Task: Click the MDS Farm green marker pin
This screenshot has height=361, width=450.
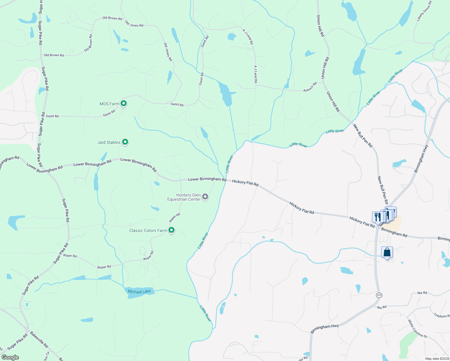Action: (123, 103)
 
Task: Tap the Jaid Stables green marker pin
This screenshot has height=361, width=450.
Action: (125, 142)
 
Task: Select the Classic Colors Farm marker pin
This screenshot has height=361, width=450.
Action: (171, 230)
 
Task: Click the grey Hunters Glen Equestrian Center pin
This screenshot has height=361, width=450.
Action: (205, 197)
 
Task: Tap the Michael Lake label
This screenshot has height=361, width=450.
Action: (139, 292)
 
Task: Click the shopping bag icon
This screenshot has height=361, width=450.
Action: (387, 252)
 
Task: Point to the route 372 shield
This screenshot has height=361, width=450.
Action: (379, 295)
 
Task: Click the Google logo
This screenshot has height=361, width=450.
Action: (10, 357)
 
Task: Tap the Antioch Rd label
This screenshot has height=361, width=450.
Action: (310, 87)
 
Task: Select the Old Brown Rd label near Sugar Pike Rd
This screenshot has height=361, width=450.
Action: (54, 55)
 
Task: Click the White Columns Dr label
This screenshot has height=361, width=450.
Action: (418, 329)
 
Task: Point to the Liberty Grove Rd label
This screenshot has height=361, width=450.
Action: (424, 11)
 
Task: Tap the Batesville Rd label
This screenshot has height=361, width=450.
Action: (39, 339)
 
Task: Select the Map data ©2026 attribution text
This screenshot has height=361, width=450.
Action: (437, 359)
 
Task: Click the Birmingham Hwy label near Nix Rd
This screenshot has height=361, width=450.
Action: (325, 329)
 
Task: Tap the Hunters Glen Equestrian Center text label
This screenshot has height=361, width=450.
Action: (184, 197)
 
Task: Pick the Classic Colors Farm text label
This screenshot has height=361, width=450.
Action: (148, 230)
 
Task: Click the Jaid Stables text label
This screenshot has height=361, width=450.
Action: (109, 142)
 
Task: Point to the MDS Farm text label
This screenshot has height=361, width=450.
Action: (109, 104)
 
